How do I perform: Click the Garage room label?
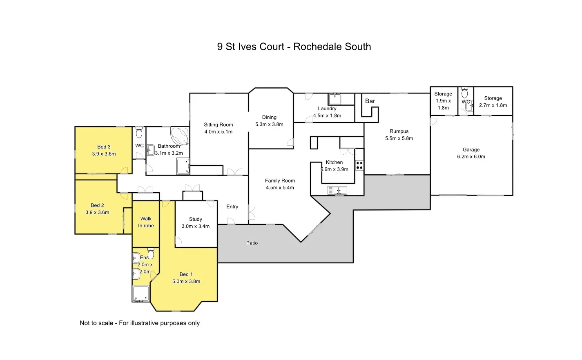tap(471, 150)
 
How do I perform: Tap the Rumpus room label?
tap(399, 131)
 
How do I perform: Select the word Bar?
tap(370, 101)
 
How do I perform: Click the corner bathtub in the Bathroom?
tap(180, 136)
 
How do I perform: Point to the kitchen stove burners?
tap(359, 165)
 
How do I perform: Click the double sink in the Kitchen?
tap(337, 190)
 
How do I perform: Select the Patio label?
tap(252, 243)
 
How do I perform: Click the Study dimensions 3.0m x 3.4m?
tap(196, 226)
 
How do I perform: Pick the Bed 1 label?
tap(186, 274)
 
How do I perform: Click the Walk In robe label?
tap(146, 222)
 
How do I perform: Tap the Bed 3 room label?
tap(104, 147)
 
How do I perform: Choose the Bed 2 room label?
tap(97, 205)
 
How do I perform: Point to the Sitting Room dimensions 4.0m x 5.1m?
tap(219, 132)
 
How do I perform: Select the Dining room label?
tap(269, 118)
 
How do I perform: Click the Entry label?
tap(232, 207)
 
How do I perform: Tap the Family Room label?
tap(280, 181)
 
